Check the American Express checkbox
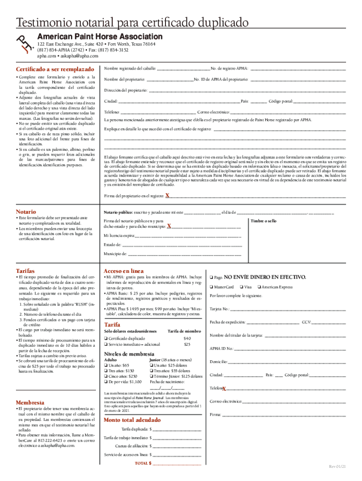259,287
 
